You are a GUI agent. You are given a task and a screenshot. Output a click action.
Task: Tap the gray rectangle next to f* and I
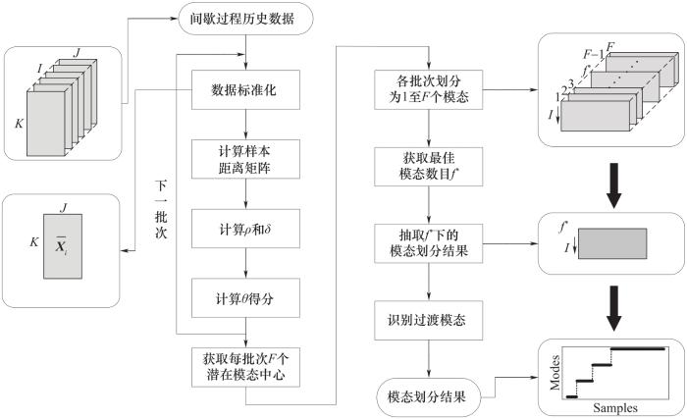coord(615,242)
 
